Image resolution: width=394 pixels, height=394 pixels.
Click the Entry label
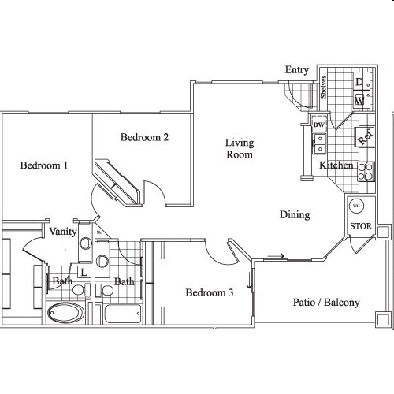pyautogui.click(x=297, y=70)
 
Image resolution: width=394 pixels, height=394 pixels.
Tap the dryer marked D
pyautogui.click(x=359, y=82)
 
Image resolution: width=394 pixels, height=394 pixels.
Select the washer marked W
pyautogui.click(x=359, y=100)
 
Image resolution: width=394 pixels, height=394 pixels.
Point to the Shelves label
pyautogui.click(x=324, y=88)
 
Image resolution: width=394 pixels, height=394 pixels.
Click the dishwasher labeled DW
pyautogui.click(x=319, y=125)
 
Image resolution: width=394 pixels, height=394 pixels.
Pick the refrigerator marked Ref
pyautogui.click(x=364, y=136)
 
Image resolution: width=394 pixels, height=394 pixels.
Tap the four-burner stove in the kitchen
pyautogui.click(x=366, y=171)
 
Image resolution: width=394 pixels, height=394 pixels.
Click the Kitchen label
pyautogui.click(x=336, y=165)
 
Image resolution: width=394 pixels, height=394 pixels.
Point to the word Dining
pyautogui.click(x=294, y=214)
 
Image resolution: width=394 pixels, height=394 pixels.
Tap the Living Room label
pyautogui.click(x=239, y=148)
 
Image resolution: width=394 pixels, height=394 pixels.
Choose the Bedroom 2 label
pyautogui.click(x=144, y=137)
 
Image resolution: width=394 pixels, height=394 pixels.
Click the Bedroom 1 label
pyautogui.click(x=43, y=165)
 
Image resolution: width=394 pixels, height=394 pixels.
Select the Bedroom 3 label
pyautogui.click(x=209, y=293)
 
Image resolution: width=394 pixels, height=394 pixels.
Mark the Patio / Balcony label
pyautogui.click(x=326, y=302)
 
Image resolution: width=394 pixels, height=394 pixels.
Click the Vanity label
pyautogui.click(x=62, y=232)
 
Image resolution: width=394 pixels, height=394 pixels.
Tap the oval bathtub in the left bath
pyautogui.click(x=66, y=313)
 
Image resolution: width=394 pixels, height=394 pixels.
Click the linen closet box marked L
pyautogui.click(x=83, y=272)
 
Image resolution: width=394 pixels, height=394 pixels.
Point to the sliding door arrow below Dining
pyautogui.click(x=276, y=255)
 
